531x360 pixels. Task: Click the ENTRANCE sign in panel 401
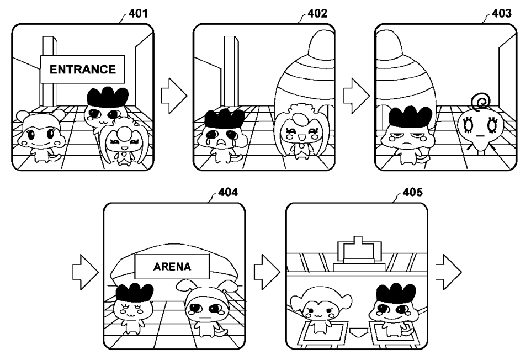tap(83, 70)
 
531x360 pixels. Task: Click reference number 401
tap(138, 13)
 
